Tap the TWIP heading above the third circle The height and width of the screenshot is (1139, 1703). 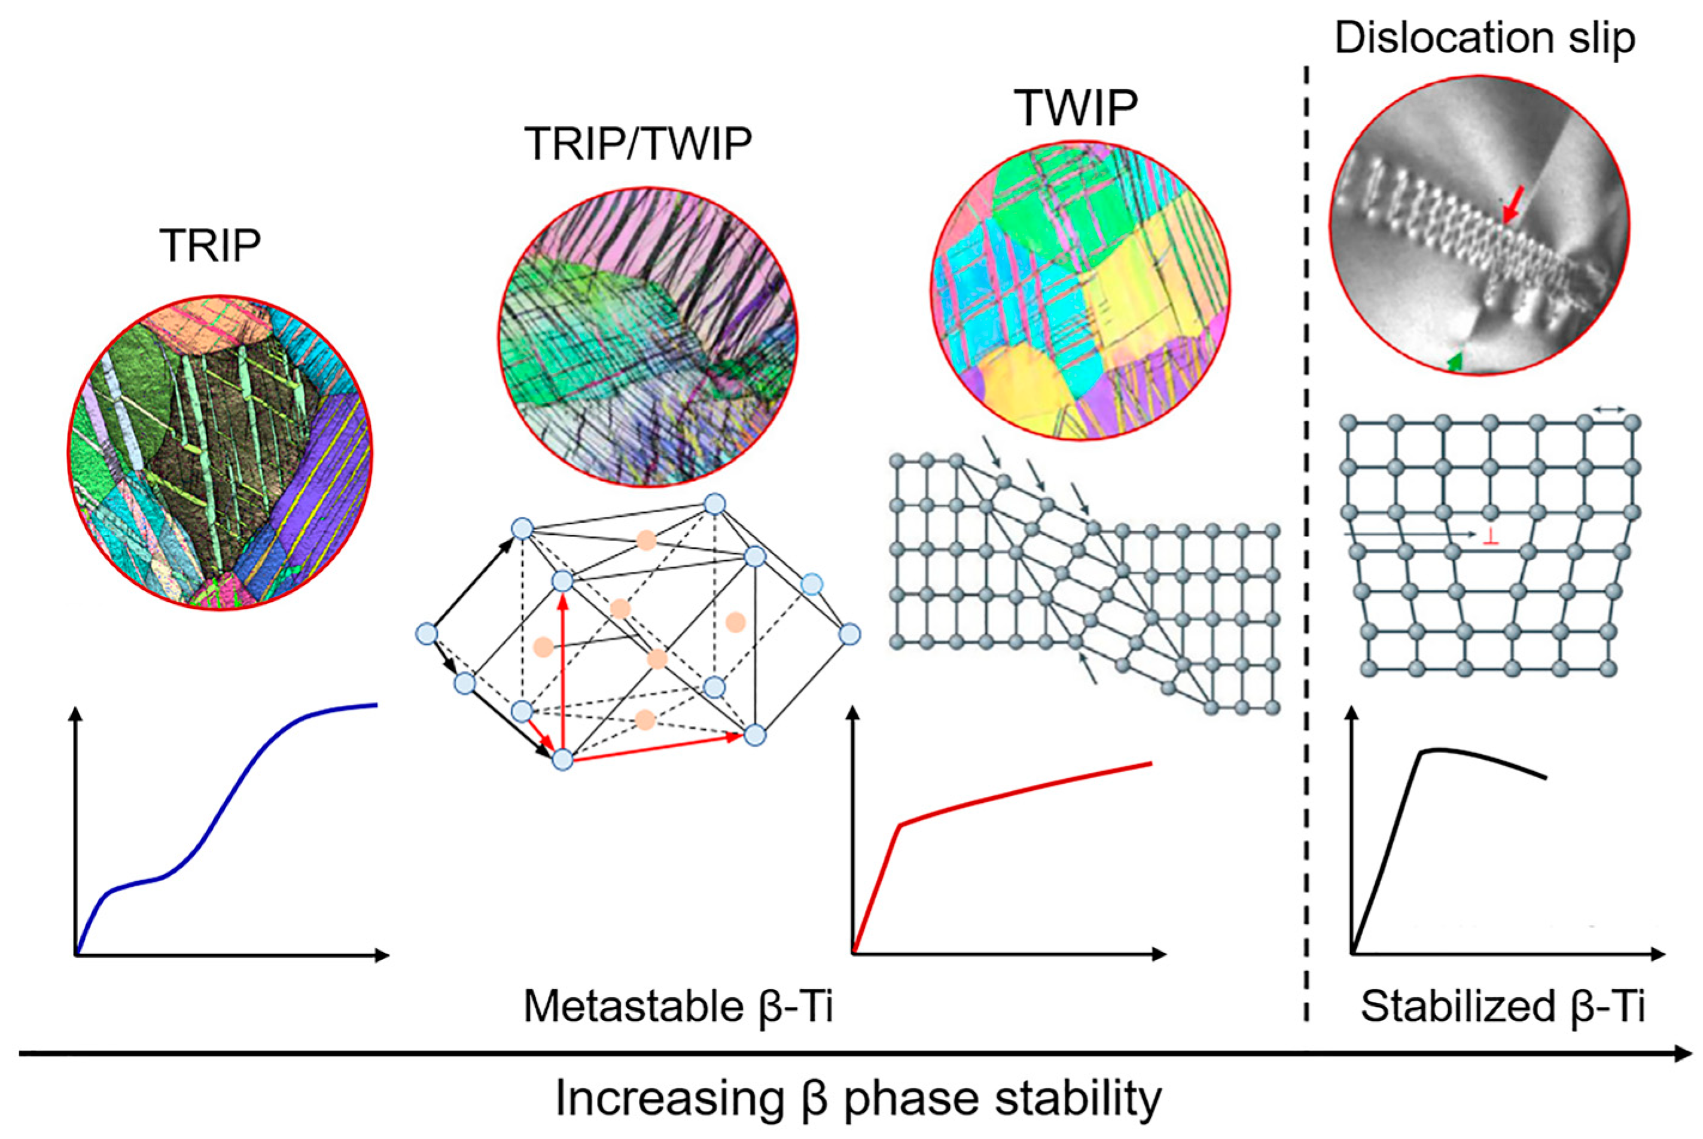pyautogui.click(x=1076, y=108)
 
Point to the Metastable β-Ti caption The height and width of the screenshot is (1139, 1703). pyautogui.click(x=678, y=1007)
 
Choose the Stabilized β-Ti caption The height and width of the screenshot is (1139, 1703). pyautogui.click(x=1503, y=1007)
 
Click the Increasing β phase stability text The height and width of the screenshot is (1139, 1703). pyautogui.click(x=858, y=1099)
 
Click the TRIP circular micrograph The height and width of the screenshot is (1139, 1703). pyautogui.click(x=220, y=452)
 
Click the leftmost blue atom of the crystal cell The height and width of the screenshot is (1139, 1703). pyautogui.click(x=426, y=634)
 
